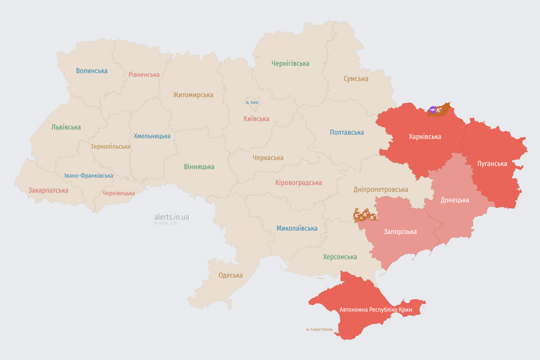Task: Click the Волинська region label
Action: (x=92, y=71)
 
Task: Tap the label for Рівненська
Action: (x=144, y=75)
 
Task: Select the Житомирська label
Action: (x=193, y=95)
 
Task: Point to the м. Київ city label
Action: (x=252, y=102)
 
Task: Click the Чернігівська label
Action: (x=290, y=63)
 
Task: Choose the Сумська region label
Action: (x=356, y=79)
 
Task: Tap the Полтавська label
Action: (x=347, y=132)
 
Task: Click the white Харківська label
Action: (x=425, y=137)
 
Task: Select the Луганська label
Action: (x=492, y=164)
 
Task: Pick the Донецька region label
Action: (x=455, y=200)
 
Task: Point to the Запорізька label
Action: (x=400, y=232)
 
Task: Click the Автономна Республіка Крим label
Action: (x=375, y=310)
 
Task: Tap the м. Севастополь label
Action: (x=319, y=330)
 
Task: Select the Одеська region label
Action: (x=231, y=275)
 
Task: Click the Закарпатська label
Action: (x=48, y=190)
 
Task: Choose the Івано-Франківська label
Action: (x=89, y=176)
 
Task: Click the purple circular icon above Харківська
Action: (x=433, y=110)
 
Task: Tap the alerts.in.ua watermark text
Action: (x=172, y=217)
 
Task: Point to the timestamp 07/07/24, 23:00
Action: (x=166, y=224)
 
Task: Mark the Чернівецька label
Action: (x=119, y=193)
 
